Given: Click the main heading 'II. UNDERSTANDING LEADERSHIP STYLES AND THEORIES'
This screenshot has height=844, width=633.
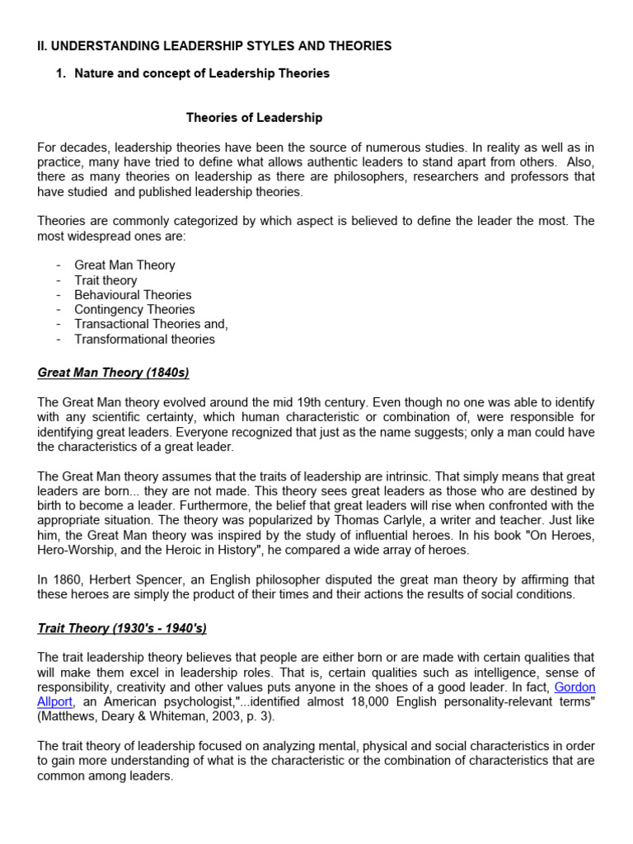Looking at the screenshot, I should click(x=214, y=46).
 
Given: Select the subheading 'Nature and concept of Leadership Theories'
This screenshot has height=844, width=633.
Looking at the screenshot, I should click(x=202, y=73).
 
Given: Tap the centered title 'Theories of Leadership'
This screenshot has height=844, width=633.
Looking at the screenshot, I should click(x=254, y=118).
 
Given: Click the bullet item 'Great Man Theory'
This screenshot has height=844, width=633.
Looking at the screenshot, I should click(x=124, y=265).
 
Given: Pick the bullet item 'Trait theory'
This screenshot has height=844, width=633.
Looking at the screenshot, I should click(x=105, y=280).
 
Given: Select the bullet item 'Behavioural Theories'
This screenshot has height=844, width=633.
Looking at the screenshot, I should click(x=133, y=295).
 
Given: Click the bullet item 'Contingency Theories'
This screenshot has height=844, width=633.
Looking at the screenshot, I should click(x=134, y=310).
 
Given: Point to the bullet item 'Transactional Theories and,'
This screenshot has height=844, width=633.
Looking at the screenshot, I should click(x=151, y=325).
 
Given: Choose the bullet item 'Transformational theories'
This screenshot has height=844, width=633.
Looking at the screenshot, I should click(x=144, y=340).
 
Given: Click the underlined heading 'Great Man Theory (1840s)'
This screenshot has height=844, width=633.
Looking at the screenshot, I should click(x=113, y=373).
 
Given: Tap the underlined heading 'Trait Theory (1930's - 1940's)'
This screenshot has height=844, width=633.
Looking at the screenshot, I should click(x=122, y=629).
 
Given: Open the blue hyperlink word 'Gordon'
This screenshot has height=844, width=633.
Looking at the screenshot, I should click(x=574, y=687).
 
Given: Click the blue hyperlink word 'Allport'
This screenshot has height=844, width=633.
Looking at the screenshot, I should click(x=55, y=702).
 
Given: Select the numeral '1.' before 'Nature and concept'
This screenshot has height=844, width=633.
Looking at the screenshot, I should click(x=60, y=73).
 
